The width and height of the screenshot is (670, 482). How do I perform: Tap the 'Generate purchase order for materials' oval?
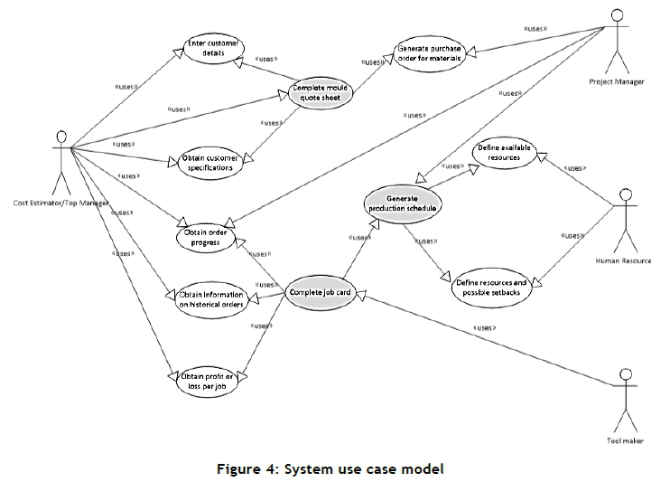[430, 53]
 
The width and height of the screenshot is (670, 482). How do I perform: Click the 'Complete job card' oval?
[319, 292]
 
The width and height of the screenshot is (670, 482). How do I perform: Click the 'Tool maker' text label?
[623, 441]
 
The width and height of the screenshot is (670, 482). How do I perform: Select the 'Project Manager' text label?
[617, 82]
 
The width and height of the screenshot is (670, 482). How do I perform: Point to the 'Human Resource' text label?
[623, 260]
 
